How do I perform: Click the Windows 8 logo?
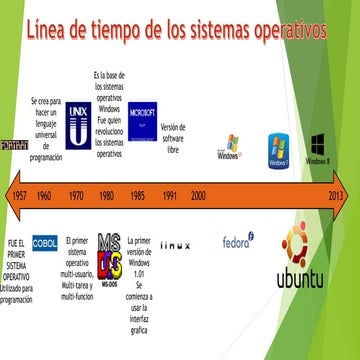(319, 146)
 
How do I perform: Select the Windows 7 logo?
(278, 149)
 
